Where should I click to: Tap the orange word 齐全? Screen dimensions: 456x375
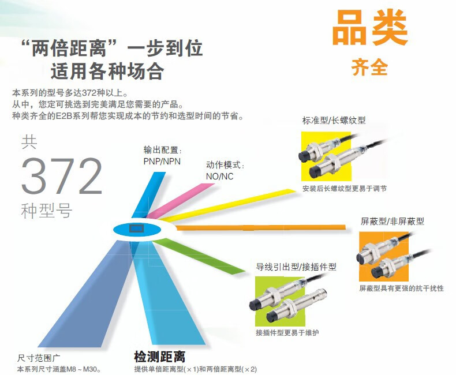coord(369,68)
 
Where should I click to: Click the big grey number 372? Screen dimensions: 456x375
coord(62,176)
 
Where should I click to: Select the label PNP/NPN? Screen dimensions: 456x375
coord(162,161)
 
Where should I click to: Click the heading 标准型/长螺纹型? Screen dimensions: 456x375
coord(334,121)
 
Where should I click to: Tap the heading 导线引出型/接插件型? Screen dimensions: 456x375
coord(296,267)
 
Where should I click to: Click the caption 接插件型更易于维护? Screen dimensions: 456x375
coord(287,333)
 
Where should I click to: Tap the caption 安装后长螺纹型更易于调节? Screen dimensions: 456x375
coord(345,188)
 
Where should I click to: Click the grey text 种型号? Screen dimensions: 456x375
coord(46,211)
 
